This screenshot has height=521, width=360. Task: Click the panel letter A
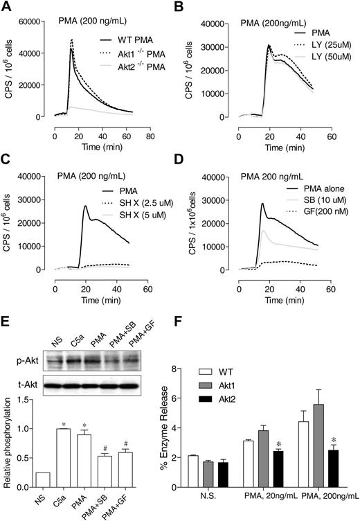click(7, 8)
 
